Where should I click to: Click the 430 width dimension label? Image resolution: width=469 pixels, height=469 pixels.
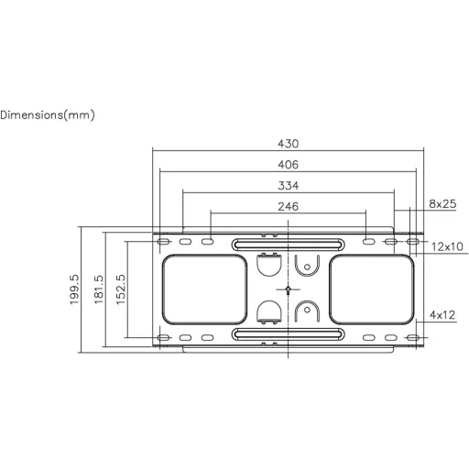coord(288,144)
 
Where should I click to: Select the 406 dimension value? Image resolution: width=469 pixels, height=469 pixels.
coord(288,165)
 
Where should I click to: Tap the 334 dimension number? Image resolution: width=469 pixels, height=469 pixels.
coord(288,185)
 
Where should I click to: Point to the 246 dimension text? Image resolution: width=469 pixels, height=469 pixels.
coord(288,206)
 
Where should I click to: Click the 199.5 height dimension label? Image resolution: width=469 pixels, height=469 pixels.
coord(74,289)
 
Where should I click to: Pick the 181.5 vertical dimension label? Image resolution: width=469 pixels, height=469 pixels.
coord(99,289)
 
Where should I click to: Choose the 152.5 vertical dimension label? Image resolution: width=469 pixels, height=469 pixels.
coord(121,289)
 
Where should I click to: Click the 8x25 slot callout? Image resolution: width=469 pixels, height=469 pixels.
coord(442,203)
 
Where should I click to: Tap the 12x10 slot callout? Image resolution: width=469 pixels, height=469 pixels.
coord(447,246)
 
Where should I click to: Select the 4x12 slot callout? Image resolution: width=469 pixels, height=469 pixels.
coord(442,315)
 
